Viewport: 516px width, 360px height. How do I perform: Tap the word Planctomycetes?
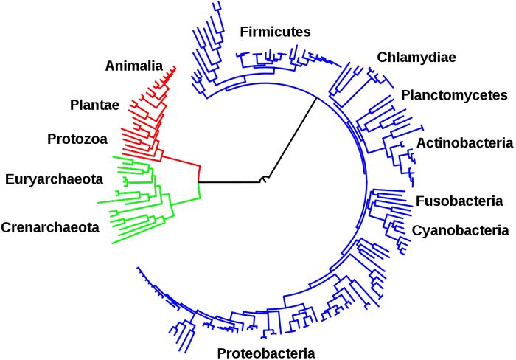454,95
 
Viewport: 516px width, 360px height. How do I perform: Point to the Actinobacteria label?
464,142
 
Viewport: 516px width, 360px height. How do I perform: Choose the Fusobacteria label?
459,201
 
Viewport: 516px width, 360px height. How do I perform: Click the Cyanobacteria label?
460,230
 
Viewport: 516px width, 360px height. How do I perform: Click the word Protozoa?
78,139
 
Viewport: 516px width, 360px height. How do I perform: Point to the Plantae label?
94,105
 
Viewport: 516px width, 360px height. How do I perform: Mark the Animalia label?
133,65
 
